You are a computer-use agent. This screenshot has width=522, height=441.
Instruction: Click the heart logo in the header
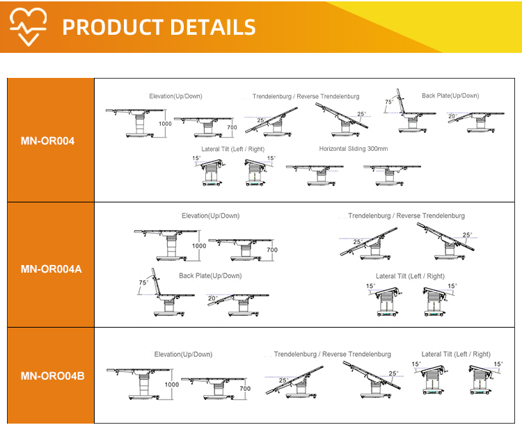(28, 26)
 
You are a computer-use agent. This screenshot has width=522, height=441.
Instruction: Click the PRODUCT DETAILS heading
(159, 27)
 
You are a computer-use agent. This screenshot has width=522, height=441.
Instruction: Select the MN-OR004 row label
(47, 141)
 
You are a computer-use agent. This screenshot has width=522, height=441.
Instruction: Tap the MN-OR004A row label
(51, 269)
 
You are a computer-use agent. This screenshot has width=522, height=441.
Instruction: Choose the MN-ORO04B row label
(53, 376)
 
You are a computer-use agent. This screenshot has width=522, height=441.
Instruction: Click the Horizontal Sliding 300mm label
(353, 149)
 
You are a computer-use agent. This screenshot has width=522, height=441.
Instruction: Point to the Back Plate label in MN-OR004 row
(450, 96)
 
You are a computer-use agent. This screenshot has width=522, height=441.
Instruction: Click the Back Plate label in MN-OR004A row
(210, 276)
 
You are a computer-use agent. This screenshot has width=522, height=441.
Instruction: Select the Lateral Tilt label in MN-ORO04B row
(456, 354)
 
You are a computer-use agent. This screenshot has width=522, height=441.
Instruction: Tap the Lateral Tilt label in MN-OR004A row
(410, 276)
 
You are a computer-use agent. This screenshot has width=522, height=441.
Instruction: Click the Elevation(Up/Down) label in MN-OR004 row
(176, 96)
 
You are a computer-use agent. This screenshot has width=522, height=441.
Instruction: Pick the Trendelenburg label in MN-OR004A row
(406, 216)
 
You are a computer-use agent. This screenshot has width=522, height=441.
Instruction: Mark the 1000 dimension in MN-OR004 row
(165, 124)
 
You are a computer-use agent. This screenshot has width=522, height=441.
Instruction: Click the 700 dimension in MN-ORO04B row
(245, 388)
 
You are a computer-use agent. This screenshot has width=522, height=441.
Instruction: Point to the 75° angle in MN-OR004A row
(143, 282)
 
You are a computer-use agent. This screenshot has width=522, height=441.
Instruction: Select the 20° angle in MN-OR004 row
(452, 116)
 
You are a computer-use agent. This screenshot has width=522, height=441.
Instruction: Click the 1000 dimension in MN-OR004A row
(199, 246)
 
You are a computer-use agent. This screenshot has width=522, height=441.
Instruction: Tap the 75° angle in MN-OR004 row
(389, 102)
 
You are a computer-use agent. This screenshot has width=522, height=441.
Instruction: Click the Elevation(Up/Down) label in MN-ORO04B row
(184, 355)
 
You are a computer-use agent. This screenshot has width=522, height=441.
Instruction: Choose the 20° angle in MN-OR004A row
(213, 298)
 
